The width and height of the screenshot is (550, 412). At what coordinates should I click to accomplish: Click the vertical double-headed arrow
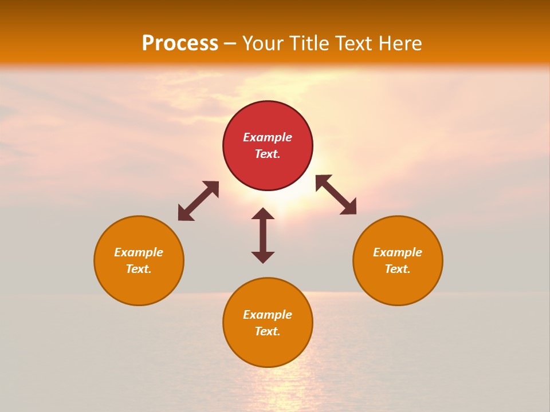point(263,235)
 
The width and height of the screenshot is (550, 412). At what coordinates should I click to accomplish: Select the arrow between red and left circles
point(198,201)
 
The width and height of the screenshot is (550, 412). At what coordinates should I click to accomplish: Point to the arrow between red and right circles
point(336,195)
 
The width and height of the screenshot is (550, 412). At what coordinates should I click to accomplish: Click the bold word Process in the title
point(180,43)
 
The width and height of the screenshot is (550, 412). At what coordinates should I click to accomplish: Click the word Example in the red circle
point(268,137)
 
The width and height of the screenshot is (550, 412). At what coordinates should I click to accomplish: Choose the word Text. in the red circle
point(268,154)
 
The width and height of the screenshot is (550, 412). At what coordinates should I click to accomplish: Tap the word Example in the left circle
point(139,252)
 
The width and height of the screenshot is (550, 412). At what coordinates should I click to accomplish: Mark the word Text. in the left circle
point(139,269)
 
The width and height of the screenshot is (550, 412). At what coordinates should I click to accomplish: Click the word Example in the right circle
point(398,252)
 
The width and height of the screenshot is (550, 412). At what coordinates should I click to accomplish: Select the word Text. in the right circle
point(398,269)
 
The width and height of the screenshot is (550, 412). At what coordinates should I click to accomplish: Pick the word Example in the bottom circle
point(268,315)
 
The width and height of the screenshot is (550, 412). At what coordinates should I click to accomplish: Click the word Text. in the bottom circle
point(268,331)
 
